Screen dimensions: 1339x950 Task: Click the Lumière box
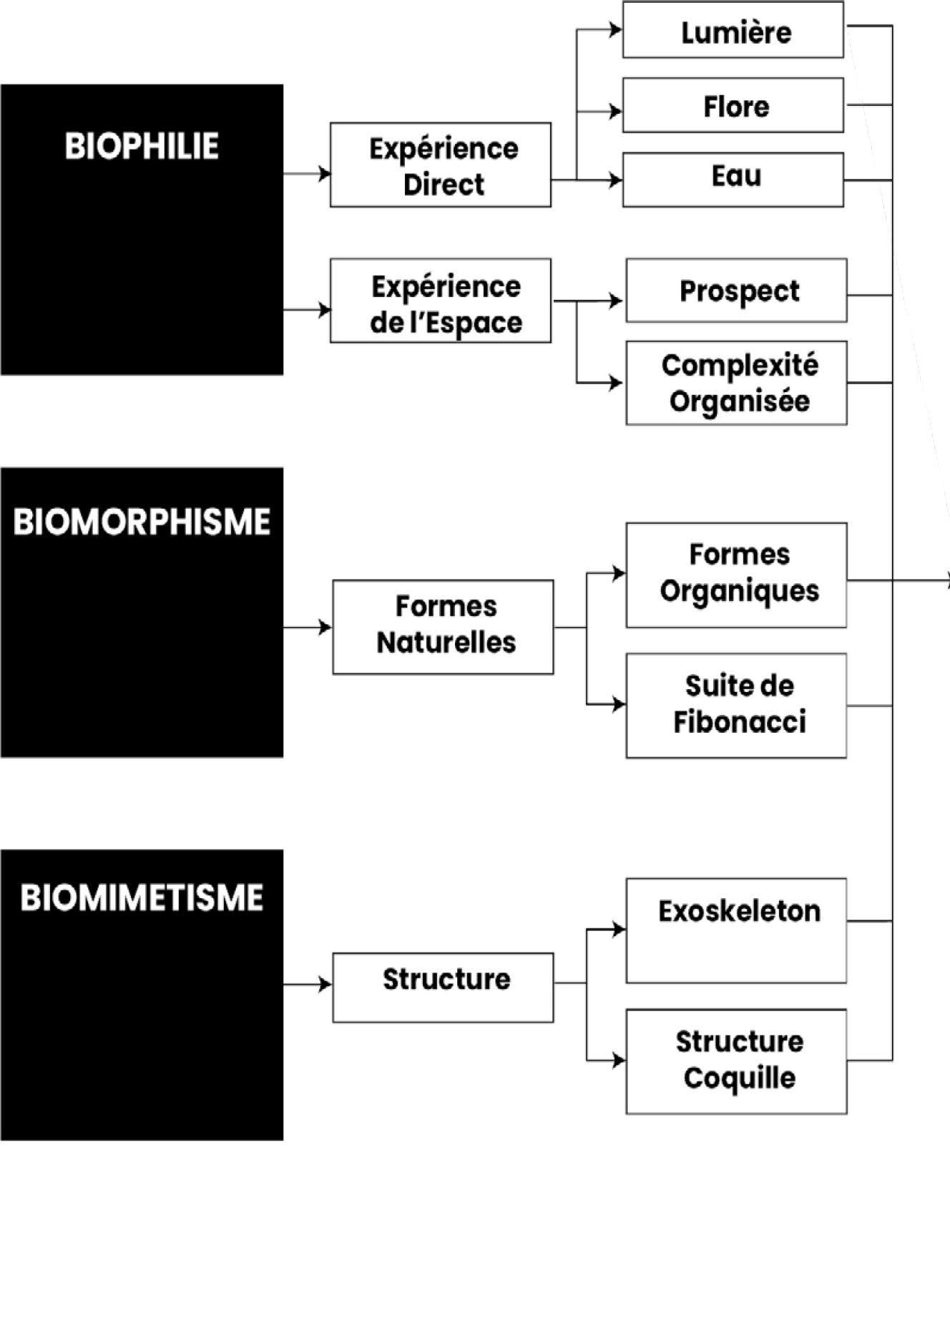coord(733,31)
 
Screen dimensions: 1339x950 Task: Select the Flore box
coord(733,106)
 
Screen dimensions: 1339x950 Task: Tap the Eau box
coord(733,180)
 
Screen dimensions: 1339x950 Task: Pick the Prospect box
coord(736,291)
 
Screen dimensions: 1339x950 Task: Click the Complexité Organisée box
coord(736,383)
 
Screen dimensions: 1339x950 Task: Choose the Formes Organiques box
coord(736,575)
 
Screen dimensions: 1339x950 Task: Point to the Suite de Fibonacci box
coord(736,705)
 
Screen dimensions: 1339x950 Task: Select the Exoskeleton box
coord(736,930)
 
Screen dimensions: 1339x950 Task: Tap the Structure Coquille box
coord(736,1061)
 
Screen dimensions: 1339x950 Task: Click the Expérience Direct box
coord(440,165)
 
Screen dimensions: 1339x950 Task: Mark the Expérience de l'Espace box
coord(440,301)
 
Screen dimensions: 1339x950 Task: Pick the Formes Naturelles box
coord(443,627)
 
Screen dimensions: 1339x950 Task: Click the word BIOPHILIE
coord(142,147)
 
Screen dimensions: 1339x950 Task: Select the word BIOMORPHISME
coord(142,522)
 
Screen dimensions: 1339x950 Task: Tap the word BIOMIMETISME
coord(142,898)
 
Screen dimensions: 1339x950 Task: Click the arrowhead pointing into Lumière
coord(615,30)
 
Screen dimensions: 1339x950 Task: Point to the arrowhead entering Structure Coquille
coord(619,1060)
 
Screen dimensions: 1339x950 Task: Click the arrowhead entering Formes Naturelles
coord(325,628)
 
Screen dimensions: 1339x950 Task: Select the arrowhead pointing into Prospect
coord(616,301)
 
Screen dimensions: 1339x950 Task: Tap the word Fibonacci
coord(739,722)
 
